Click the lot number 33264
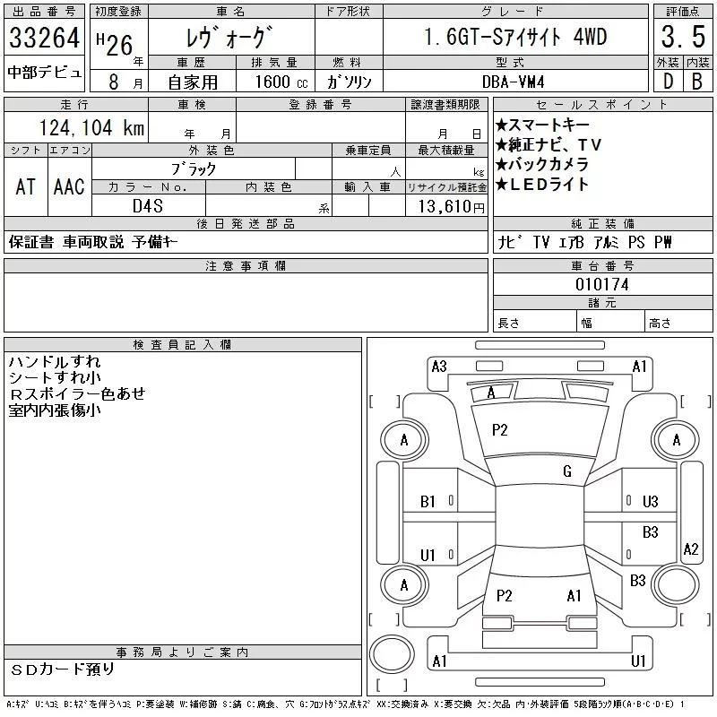[x=44, y=39]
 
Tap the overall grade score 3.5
[x=680, y=37]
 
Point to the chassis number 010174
[x=602, y=284]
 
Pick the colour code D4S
[x=148, y=205]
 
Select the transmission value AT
[x=25, y=186]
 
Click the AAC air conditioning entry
[x=69, y=186]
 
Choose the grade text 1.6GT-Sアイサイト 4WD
[x=514, y=38]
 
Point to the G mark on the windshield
[x=567, y=471]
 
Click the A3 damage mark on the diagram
[x=439, y=366]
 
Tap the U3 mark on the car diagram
[x=651, y=502]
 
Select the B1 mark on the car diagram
[x=428, y=502]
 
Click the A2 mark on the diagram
[x=690, y=549]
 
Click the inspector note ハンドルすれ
[x=55, y=362]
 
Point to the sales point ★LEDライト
[x=542, y=185]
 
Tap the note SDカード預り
[x=63, y=669]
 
